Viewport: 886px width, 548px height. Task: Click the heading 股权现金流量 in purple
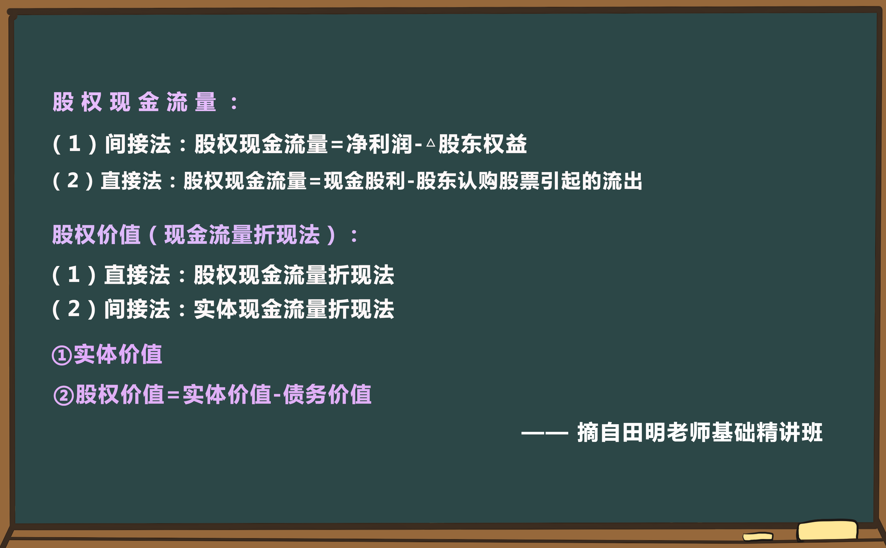[x=134, y=102]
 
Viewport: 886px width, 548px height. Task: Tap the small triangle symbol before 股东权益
[x=431, y=142]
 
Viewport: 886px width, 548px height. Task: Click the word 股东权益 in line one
[x=482, y=144]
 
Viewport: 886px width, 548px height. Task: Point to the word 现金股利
[x=364, y=181]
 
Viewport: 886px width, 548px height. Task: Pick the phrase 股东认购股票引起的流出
[x=529, y=181]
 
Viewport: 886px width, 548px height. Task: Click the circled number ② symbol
[x=64, y=395]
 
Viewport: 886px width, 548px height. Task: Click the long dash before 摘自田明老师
[x=544, y=433]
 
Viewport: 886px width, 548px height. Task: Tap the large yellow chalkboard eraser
[x=827, y=531]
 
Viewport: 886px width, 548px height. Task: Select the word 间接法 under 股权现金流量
[x=138, y=144]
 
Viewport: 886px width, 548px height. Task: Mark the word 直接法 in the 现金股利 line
[x=131, y=181]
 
